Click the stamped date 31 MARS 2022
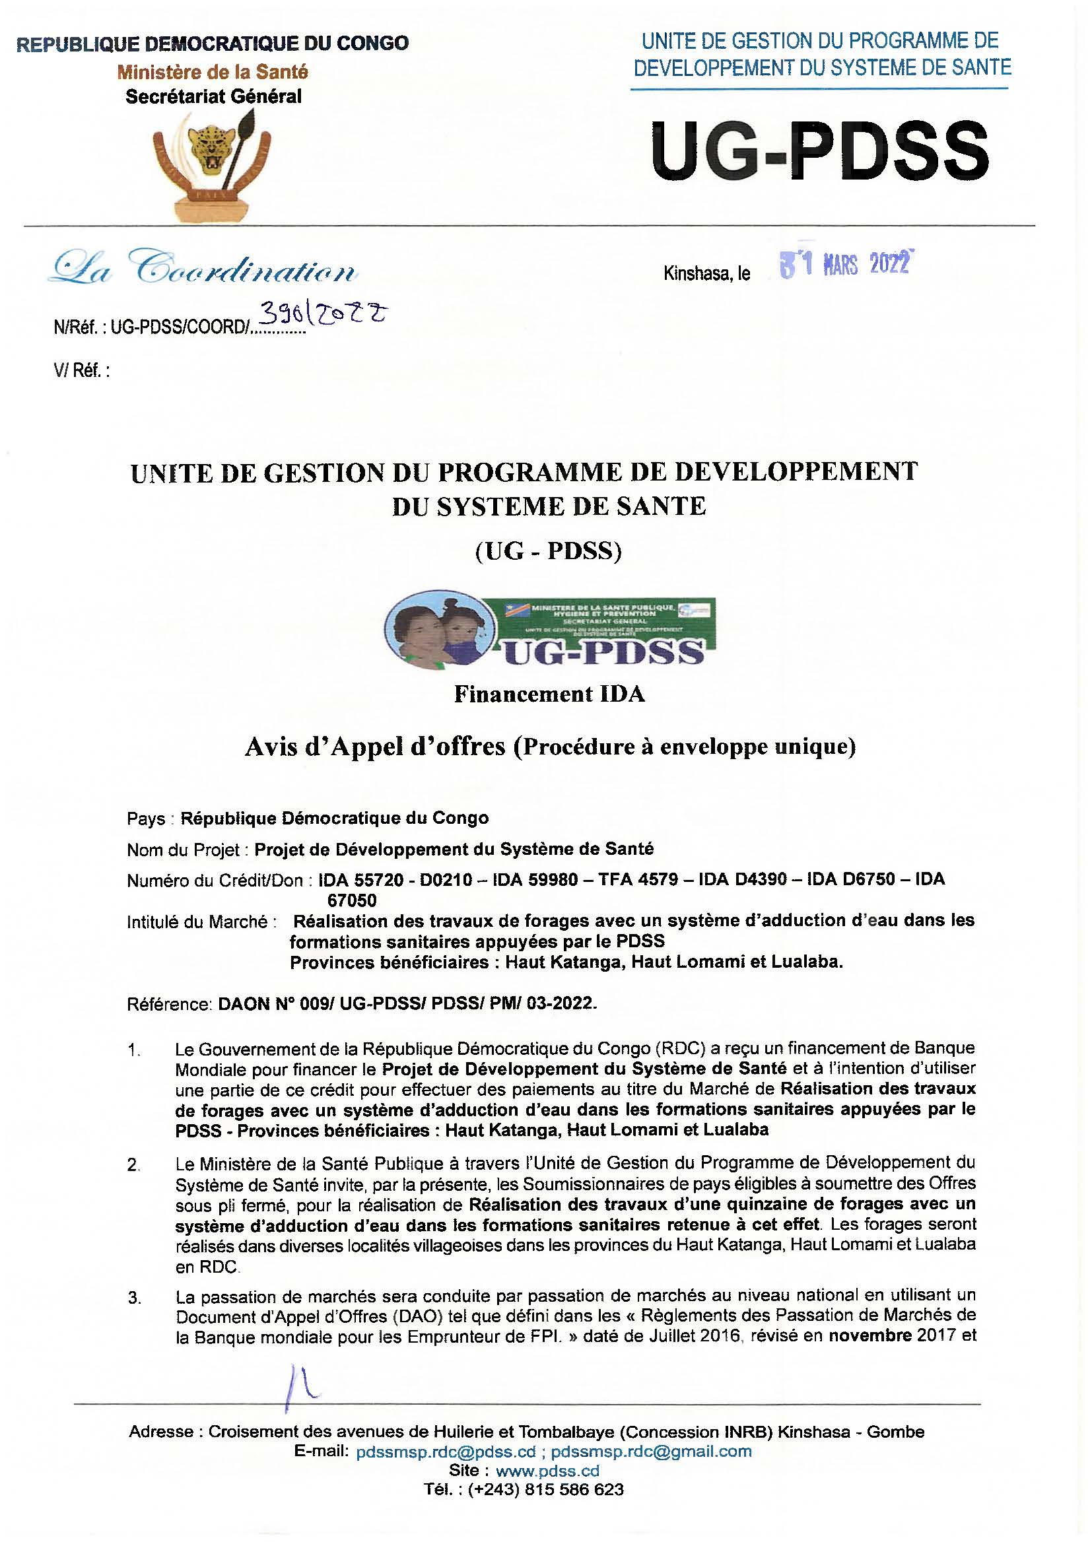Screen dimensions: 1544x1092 click(845, 264)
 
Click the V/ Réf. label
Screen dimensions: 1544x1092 click(81, 371)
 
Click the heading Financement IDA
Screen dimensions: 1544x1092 click(549, 694)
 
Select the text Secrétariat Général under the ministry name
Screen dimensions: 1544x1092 click(214, 96)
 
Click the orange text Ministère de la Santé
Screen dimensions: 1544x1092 click(213, 71)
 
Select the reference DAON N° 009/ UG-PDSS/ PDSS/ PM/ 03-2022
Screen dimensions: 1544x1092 click(408, 1004)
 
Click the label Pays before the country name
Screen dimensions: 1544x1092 click(146, 819)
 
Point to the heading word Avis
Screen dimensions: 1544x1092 click(271, 747)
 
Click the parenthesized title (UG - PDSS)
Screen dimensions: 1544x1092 click(548, 551)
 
